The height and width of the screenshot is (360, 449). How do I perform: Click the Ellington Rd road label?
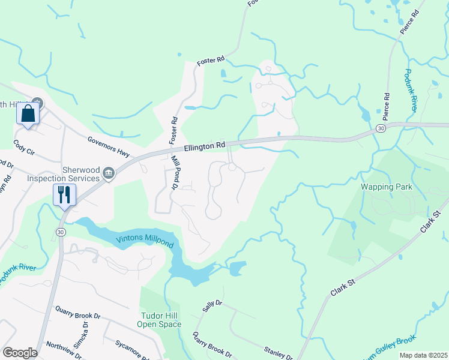pos(205,145)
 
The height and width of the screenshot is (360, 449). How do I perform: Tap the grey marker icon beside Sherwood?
pos(109,174)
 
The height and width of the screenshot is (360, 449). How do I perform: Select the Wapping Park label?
pos(387,187)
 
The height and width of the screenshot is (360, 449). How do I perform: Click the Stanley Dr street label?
pos(279,353)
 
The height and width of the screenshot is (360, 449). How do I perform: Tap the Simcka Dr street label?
pos(86,332)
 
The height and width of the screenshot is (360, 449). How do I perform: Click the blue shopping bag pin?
pos(28,114)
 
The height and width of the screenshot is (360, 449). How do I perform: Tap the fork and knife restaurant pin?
pos(64,195)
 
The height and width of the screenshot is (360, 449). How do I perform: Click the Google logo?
pos(20,353)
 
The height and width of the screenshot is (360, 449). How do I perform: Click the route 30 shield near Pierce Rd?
pos(381,128)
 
